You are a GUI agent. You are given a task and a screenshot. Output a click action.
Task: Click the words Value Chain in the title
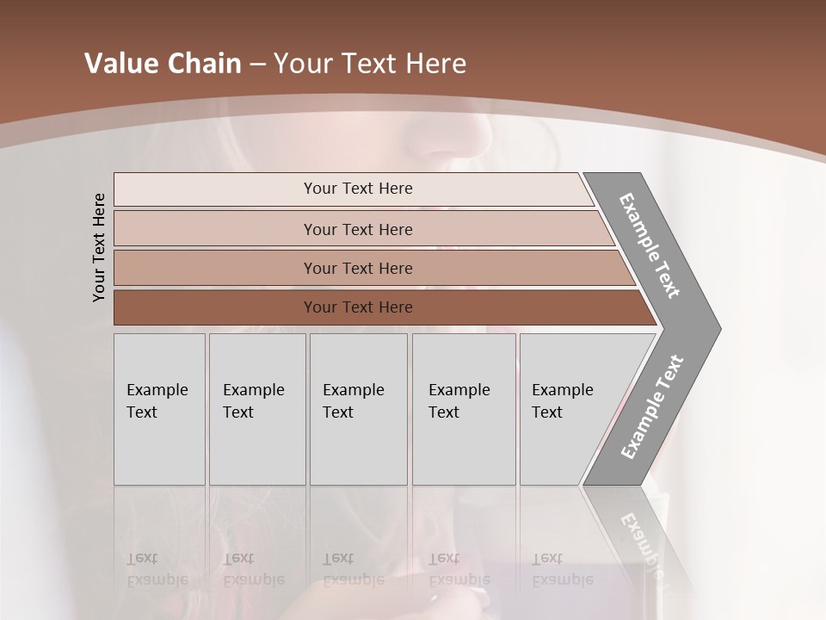pos(163,63)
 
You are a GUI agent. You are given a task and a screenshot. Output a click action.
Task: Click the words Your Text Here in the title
pos(370,63)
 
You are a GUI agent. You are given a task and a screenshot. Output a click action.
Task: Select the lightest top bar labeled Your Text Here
pos(357,189)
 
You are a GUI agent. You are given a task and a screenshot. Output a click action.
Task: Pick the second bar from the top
pos(357,229)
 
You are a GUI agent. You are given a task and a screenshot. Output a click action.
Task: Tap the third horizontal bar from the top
pos(357,268)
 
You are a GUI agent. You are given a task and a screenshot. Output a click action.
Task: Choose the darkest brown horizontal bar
pos(357,307)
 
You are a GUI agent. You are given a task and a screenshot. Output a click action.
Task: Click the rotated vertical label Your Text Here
pos(99,247)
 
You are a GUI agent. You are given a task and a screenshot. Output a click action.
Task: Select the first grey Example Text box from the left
pos(159,409)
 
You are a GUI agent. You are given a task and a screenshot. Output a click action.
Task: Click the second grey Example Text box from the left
pos(256,409)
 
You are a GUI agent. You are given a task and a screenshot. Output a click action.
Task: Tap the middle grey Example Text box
pos(357,409)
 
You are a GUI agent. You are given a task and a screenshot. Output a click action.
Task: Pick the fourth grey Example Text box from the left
pos(463,409)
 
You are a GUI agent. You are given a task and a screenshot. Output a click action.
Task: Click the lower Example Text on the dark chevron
pos(652,407)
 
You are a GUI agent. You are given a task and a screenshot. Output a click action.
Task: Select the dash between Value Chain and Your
pos(257,64)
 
